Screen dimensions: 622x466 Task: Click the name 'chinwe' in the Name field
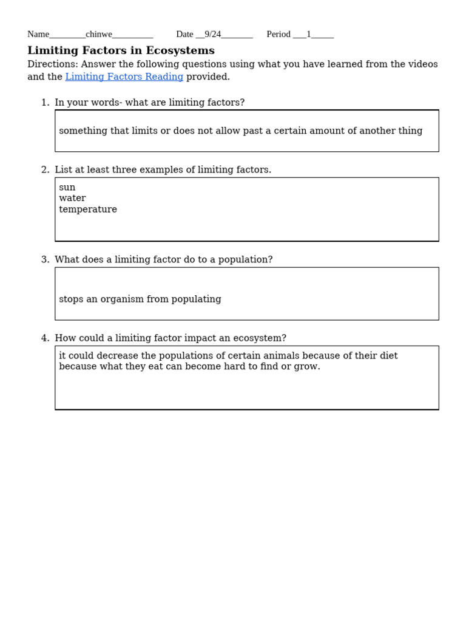pyautogui.click(x=99, y=35)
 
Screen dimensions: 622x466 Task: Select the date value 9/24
pyautogui.click(x=212, y=35)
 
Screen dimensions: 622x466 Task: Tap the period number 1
pyautogui.click(x=308, y=35)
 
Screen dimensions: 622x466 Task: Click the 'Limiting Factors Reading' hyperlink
pyautogui.click(x=124, y=77)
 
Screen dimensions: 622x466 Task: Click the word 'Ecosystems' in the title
pyautogui.click(x=180, y=51)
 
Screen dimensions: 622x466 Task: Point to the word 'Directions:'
pyautogui.click(x=53, y=64)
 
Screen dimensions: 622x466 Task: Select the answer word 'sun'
pyautogui.click(x=67, y=188)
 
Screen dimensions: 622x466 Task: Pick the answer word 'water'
pyautogui.click(x=72, y=199)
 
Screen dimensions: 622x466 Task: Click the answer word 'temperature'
pyautogui.click(x=88, y=210)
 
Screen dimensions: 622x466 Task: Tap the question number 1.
pyautogui.click(x=44, y=103)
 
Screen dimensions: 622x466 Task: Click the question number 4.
pyautogui.click(x=44, y=338)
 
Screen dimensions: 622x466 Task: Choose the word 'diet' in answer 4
pyautogui.click(x=388, y=356)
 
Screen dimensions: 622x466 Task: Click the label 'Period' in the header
pyautogui.click(x=279, y=35)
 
